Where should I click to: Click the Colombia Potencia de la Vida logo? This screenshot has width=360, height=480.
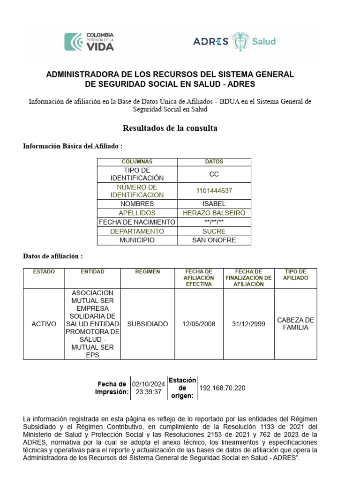pyautogui.click(x=89, y=41)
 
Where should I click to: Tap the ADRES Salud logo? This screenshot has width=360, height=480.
pyautogui.click(x=234, y=41)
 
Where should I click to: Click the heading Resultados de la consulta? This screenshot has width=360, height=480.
pyautogui.click(x=170, y=128)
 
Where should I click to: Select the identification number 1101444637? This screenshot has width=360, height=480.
pyautogui.click(x=214, y=191)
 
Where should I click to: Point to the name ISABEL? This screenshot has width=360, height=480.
pyautogui.click(x=214, y=204)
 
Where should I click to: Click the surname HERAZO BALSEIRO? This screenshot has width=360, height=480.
pyautogui.click(x=214, y=213)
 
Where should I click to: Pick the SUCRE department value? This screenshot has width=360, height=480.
pyautogui.click(x=214, y=231)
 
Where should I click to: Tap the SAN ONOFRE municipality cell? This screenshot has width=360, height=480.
pyautogui.click(x=214, y=240)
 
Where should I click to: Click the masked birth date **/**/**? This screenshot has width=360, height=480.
pyautogui.click(x=214, y=222)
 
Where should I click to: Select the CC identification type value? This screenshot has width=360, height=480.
pyautogui.click(x=214, y=174)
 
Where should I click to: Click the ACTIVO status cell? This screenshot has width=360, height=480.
pyautogui.click(x=44, y=324)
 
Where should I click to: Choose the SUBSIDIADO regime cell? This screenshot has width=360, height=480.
pyautogui.click(x=148, y=324)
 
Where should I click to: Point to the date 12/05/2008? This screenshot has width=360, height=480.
pyautogui.click(x=199, y=324)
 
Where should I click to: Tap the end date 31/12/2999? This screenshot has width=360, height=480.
pyautogui.click(x=249, y=324)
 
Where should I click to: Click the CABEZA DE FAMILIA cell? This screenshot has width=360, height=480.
pyautogui.click(x=295, y=324)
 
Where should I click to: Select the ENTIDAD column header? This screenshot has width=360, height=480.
pyautogui.click(x=92, y=272)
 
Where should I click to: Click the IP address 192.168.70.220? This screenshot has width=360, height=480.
pyautogui.click(x=222, y=388)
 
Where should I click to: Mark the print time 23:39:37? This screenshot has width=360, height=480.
pyautogui.click(x=148, y=392)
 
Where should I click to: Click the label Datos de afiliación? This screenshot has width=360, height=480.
pyautogui.click(x=53, y=256)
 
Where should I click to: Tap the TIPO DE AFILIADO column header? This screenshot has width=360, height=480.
pyautogui.click(x=295, y=275)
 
